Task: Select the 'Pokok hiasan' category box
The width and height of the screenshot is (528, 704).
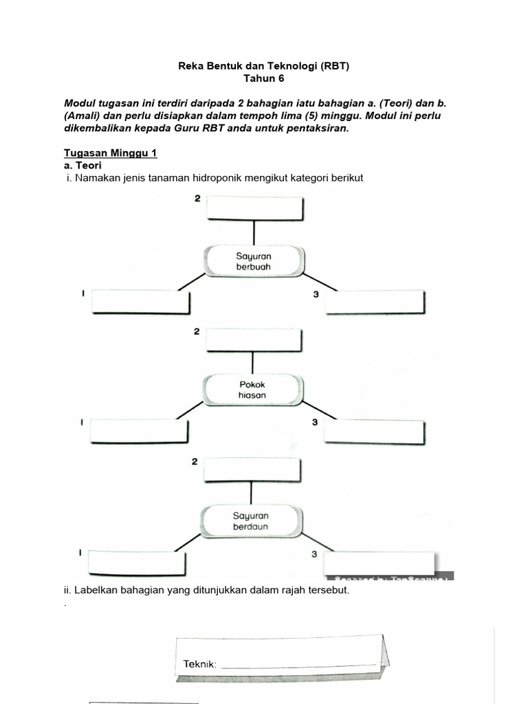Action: coord(252,390)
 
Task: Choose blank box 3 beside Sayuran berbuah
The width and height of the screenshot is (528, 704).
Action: coord(375,301)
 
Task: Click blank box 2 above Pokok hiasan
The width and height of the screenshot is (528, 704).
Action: coord(254,339)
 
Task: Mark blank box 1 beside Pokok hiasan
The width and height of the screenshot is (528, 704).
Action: coord(139,430)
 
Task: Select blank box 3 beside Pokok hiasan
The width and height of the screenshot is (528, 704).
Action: coord(374,430)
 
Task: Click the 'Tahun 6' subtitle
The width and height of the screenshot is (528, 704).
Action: coord(264,79)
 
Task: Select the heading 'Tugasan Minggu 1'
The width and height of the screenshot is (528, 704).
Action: coord(110,153)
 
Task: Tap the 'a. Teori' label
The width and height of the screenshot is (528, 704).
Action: coord(82,166)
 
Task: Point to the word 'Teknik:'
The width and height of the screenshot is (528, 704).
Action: coord(200,664)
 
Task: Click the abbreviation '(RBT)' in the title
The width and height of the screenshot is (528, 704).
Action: coord(332,66)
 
